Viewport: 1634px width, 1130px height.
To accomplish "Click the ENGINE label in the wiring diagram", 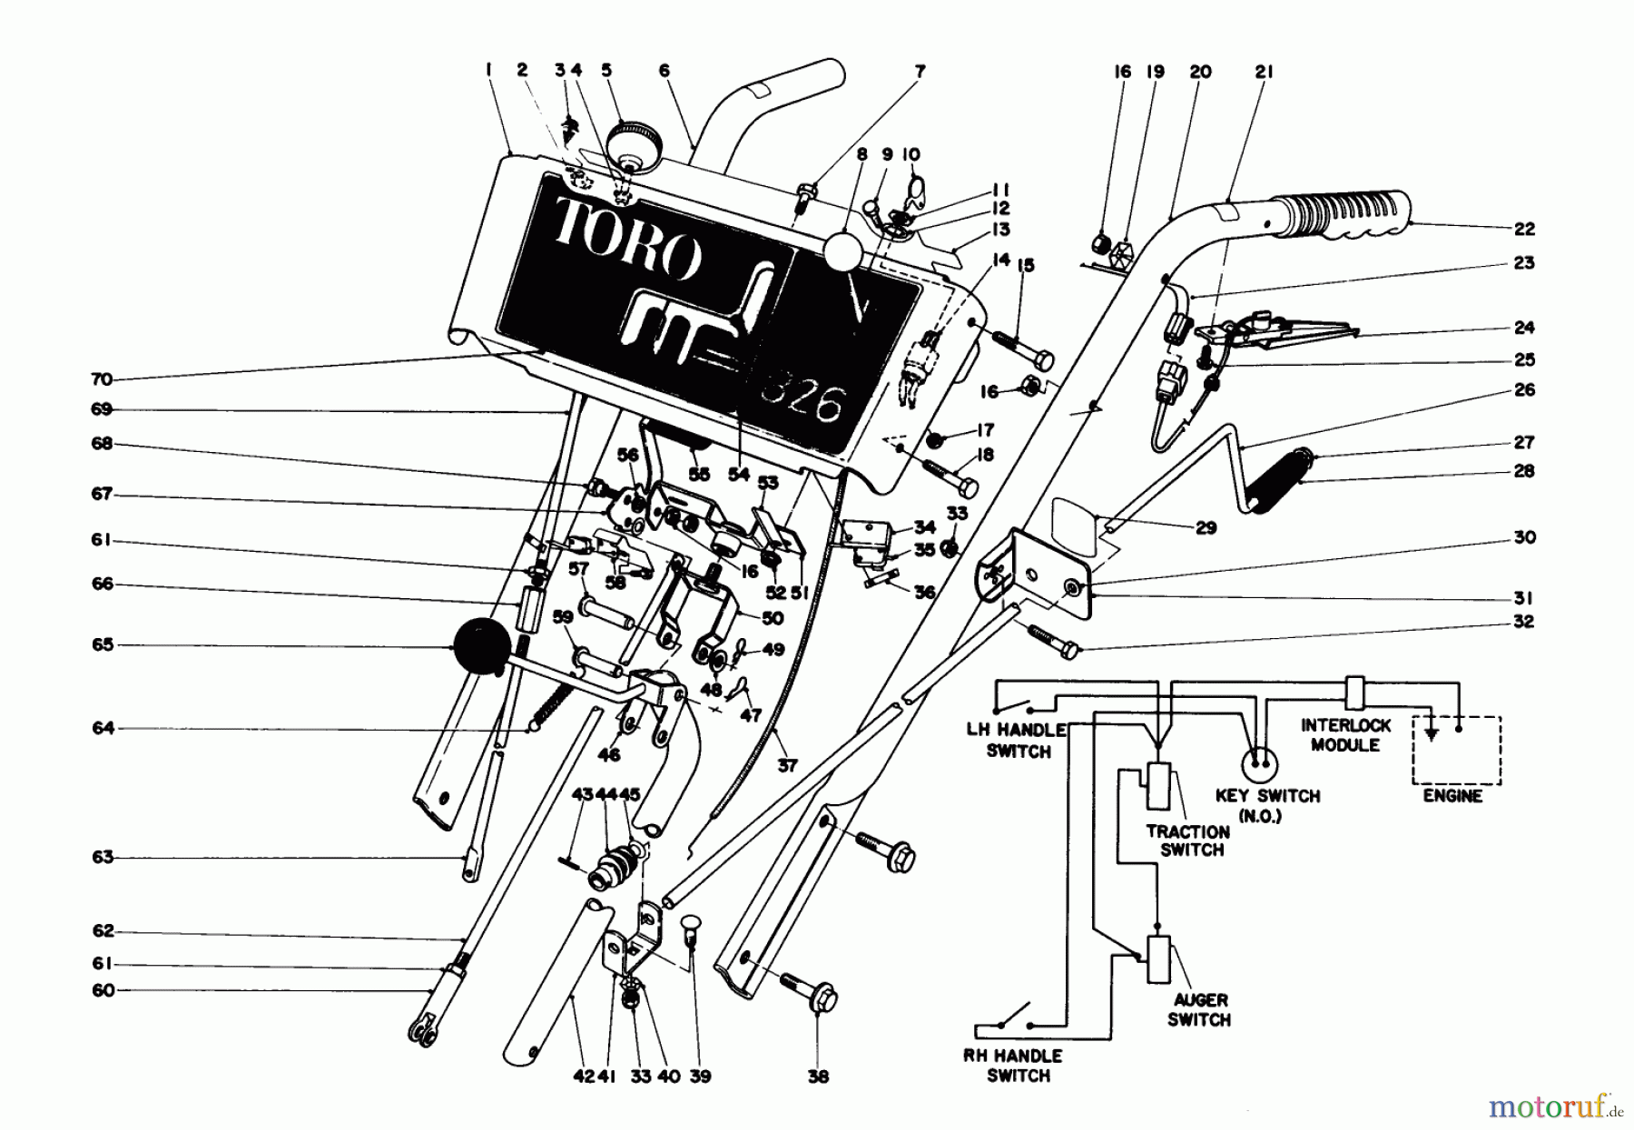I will tap(1452, 796).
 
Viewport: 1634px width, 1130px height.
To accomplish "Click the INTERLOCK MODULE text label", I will tap(1345, 735).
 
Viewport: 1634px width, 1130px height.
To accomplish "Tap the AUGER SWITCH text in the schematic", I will tap(1198, 1009).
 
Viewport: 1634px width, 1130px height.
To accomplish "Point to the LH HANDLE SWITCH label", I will tap(1018, 741).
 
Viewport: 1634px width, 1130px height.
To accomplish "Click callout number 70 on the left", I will tap(103, 379).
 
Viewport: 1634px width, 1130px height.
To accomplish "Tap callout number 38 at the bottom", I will tap(818, 1077).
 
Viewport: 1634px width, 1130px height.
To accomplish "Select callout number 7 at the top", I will tap(920, 72).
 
